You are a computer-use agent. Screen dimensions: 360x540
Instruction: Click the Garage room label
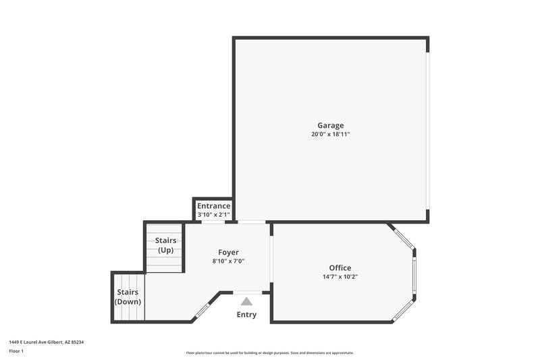[x=331, y=125]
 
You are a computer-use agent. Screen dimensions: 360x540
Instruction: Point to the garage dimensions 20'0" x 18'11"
[x=331, y=134]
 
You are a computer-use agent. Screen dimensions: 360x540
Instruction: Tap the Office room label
[x=340, y=268]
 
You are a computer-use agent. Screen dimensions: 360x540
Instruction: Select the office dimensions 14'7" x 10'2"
[x=340, y=277]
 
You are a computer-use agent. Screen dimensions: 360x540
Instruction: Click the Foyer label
[x=228, y=253]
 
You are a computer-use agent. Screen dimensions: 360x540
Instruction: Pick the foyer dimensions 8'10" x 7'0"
[x=228, y=261]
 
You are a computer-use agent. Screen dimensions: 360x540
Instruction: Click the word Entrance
[x=213, y=206]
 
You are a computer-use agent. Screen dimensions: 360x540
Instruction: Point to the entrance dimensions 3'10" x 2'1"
[x=213, y=215]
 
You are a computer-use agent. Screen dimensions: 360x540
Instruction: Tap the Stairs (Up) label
[x=165, y=245]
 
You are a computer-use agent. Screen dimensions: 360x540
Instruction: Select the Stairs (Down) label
[x=128, y=297]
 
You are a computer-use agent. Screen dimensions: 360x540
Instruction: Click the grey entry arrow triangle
[x=246, y=301]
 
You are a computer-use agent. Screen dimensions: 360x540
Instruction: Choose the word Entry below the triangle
[x=246, y=315]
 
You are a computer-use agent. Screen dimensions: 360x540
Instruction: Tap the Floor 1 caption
[x=17, y=352]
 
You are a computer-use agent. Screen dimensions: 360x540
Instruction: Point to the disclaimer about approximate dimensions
[x=270, y=353]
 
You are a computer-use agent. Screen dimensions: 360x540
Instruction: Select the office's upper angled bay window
[x=403, y=238]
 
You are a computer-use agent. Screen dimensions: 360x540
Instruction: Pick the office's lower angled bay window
[x=404, y=309]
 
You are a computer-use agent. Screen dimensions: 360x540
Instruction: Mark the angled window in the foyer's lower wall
[x=202, y=311]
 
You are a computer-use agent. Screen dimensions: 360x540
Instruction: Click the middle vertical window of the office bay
[x=414, y=274]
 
